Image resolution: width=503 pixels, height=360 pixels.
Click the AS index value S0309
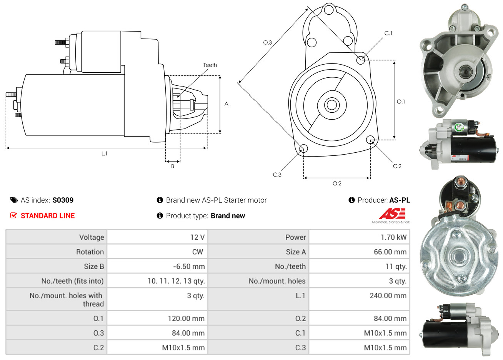[x=63, y=200]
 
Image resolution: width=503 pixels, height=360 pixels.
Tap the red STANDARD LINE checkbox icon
[x=14, y=215]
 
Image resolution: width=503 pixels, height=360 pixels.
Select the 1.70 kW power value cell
[x=393, y=237]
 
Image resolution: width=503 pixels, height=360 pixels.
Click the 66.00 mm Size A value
[x=390, y=252]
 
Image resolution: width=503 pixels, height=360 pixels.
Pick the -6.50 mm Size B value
[x=188, y=267]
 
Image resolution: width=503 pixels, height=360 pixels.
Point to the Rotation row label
[x=90, y=252]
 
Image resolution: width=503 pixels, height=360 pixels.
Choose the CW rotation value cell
[x=197, y=252]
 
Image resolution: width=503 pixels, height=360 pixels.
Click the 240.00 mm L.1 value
[x=388, y=296]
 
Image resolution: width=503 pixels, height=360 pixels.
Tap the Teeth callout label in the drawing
[x=210, y=65]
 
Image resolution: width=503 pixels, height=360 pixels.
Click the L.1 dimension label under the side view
[x=104, y=153]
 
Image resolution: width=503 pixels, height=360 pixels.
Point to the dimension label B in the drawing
[x=173, y=166]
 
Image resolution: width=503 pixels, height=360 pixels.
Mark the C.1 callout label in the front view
[x=388, y=33]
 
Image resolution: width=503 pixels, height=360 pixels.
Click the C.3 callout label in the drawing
[x=277, y=175]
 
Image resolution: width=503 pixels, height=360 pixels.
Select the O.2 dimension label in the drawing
[x=337, y=183]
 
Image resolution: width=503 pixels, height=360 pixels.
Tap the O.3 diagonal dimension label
[x=267, y=42]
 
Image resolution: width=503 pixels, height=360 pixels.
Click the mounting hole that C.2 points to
[x=370, y=139]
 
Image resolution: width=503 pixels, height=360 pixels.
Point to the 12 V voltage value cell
[x=197, y=237]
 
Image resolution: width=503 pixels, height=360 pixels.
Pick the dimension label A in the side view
[x=226, y=104]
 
